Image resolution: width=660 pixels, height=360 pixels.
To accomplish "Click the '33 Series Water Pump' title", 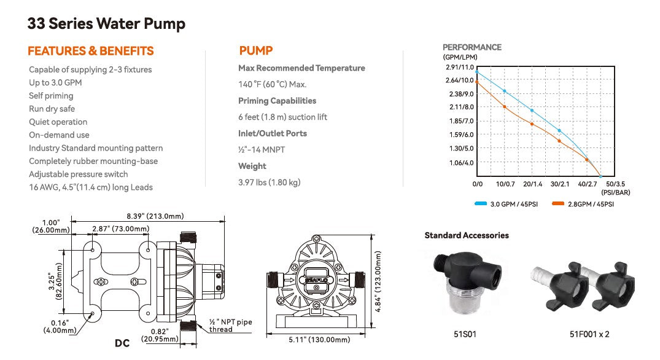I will point(106,24).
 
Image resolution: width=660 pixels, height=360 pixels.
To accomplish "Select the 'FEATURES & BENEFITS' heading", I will point(91,51).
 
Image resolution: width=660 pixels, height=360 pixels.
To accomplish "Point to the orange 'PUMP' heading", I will point(255,51).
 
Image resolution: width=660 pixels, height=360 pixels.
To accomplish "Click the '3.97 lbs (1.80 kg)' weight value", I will point(270,182).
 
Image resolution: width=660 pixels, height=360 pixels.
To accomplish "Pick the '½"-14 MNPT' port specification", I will point(262,149).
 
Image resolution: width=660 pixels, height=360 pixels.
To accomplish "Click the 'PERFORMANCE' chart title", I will point(472,47).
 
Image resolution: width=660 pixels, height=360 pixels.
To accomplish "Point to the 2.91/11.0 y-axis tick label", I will point(460,68).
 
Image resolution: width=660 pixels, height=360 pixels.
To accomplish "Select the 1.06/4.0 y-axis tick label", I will point(461,163).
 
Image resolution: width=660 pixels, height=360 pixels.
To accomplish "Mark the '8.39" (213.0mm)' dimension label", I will point(155,216).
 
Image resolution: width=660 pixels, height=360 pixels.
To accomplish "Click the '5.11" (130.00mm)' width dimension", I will point(319,339).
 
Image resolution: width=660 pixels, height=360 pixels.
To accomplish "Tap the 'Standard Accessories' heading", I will point(467,235).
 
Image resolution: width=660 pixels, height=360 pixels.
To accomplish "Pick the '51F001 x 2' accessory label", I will point(589,334).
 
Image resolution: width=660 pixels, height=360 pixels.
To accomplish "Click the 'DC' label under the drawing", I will point(122,343).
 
